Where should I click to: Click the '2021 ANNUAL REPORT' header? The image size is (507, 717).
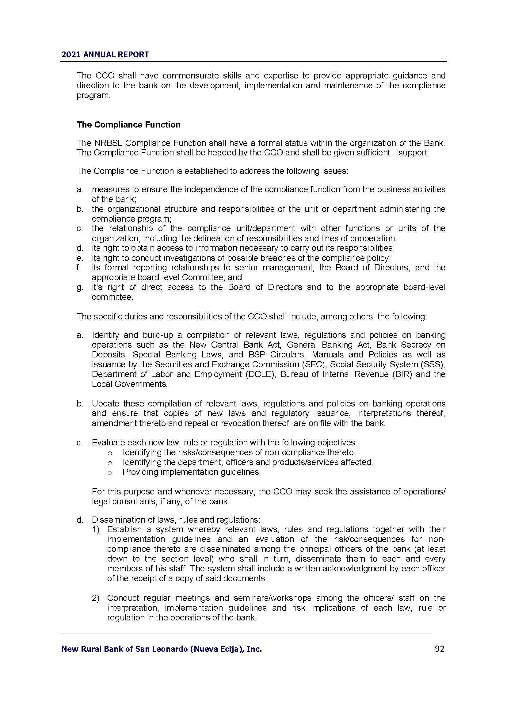tap(105, 55)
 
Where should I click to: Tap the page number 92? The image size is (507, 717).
tap(439, 649)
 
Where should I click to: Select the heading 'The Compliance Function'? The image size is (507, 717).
tap(129, 124)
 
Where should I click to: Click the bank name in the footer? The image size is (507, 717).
tap(162, 649)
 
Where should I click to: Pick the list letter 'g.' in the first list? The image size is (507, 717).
tap(80, 287)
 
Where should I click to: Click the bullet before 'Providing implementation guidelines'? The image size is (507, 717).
tap(109, 472)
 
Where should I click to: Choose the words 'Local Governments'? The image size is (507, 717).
tap(129, 384)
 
